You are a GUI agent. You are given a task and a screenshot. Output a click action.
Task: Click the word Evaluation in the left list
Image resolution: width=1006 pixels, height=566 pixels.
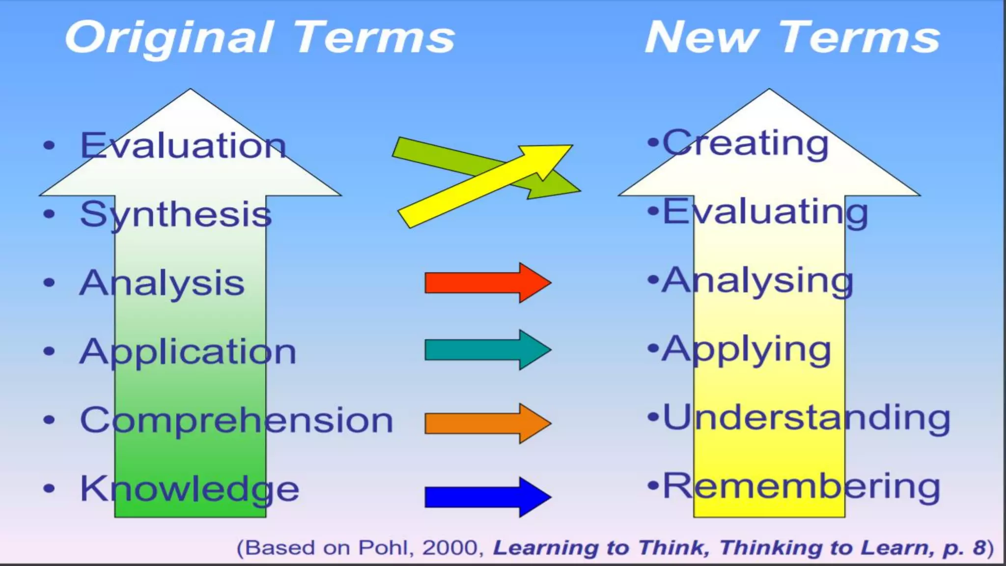pyautogui.click(x=183, y=146)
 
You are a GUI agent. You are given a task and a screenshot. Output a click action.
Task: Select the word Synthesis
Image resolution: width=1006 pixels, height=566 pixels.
pyautogui.click(x=176, y=215)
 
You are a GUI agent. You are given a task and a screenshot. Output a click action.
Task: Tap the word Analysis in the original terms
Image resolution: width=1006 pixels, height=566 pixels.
pyautogui.click(x=162, y=283)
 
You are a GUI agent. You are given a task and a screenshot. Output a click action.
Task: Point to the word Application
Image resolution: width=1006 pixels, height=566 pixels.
pyautogui.click(x=188, y=352)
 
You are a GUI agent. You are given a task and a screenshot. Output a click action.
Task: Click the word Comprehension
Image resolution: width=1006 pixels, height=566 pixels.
pyautogui.click(x=237, y=421)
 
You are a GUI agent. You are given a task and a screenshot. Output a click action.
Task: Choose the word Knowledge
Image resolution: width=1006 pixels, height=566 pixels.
pyautogui.click(x=190, y=490)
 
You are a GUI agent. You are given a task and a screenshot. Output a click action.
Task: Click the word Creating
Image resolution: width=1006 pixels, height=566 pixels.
pyautogui.click(x=745, y=143)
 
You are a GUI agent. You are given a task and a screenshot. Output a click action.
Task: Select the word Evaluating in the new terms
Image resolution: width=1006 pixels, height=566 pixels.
pyautogui.click(x=765, y=212)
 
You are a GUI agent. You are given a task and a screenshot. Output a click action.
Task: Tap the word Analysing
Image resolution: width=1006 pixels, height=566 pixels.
pyautogui.click(x=757, y=281)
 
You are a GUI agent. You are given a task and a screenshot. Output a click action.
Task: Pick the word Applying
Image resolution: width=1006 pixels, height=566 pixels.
pyautogui.click(x=746, y=350)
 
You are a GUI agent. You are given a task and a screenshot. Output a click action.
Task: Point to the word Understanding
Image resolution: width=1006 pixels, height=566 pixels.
pyautogui.click(x=806, y=419)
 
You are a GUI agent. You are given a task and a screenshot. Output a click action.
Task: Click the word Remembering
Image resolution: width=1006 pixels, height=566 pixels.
pyautogui.click(x=801, y=487)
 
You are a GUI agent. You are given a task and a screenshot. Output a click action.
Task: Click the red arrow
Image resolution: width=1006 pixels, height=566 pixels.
pyautogui.click(x=486, y=283)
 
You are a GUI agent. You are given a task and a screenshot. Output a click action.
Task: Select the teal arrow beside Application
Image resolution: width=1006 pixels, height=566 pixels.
pyautogui.click(x=486, y=350)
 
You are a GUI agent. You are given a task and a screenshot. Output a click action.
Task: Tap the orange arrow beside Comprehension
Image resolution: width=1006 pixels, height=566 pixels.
pyautogui.click(x=486, y=424)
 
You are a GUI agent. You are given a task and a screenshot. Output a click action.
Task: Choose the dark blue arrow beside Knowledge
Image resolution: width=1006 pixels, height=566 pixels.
pyautogui.click(x=486, y=497)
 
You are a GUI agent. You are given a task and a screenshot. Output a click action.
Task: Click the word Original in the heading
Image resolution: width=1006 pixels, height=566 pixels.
pyautogui.click(x=169, y=38)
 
